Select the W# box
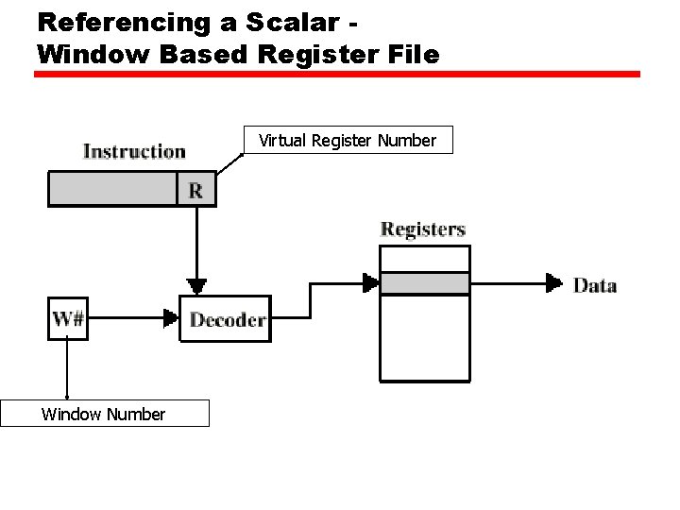(67, 318)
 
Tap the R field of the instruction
(195, 189)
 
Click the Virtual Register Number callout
(347, 141)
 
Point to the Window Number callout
(104, 414)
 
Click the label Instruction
(134, 152)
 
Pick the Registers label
(422, 229)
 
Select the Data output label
(595, 285)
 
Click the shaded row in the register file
(424, 283)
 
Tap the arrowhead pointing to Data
(553, 282)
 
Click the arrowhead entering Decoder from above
(196, 285)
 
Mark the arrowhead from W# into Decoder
(171, 319)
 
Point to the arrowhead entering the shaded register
(370, 282)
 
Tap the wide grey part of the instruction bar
(112, 189)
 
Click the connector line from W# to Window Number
(67, 368)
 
